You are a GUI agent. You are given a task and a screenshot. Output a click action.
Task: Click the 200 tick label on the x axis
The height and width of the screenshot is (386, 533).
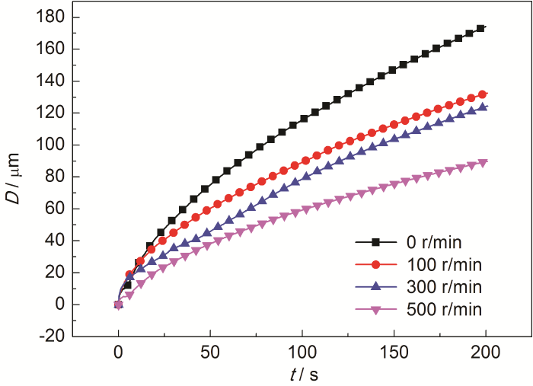[x=486, y=353]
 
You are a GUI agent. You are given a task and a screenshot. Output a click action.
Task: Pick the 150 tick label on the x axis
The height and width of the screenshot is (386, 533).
[x=394, y=353]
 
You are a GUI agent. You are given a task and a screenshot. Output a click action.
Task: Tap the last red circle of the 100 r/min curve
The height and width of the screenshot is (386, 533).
[x=482, y=94]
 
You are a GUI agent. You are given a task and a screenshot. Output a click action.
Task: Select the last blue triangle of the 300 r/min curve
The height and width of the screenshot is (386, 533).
[x=482, y=107]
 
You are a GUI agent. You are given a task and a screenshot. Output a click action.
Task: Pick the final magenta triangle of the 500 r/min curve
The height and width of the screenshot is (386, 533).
[x=482, y=163]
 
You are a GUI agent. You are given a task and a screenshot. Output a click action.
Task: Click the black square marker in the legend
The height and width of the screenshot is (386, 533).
[x=375, y=243]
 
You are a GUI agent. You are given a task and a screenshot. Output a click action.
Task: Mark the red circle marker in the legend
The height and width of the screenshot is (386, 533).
[x=375, y=265]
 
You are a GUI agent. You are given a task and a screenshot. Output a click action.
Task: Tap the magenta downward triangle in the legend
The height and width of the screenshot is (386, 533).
[x=375, y=311]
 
